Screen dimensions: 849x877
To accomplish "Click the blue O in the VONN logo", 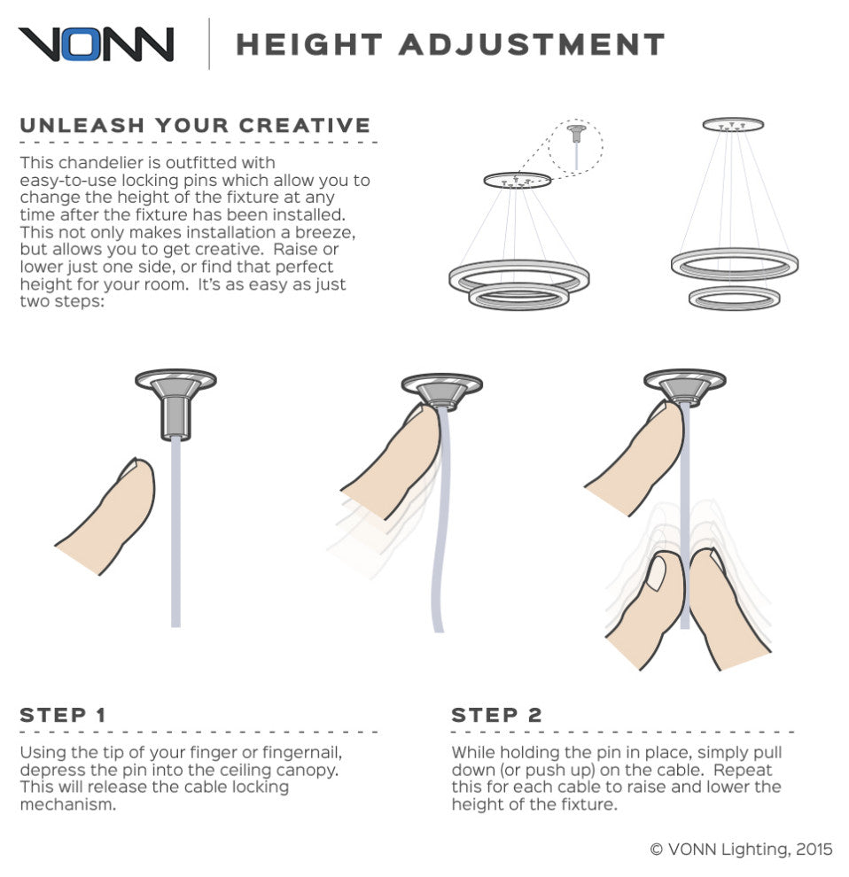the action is pyautogui.click(x=82, y=44).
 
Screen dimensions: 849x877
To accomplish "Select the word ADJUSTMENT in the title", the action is pyautogui.click(x=532, y=45).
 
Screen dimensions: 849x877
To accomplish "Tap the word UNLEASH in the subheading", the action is pyautogui.click(x=82, y=125).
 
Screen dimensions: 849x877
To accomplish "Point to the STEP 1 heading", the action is pyautogui.click(x=63, y=715).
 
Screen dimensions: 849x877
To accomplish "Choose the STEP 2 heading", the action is pyautogui.click(x=497, y=715).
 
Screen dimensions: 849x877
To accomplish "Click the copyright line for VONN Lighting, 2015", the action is pyautogui.click(x=741, y=849).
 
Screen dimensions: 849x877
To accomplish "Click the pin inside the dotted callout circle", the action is pyautogui.click(x=576, y=146).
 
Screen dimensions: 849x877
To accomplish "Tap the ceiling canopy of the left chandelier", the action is pyautogui.click(x=518, y=180).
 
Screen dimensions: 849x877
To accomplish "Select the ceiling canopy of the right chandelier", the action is pyautogui.click(x=733, y=124).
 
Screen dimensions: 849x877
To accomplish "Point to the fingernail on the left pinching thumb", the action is pyautogui.click(x=655, y=573).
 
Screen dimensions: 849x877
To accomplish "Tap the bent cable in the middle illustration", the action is pyautogui.click(x=441, y=520).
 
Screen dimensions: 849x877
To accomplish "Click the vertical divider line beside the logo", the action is pyautogui.click(x=209, y=43).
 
